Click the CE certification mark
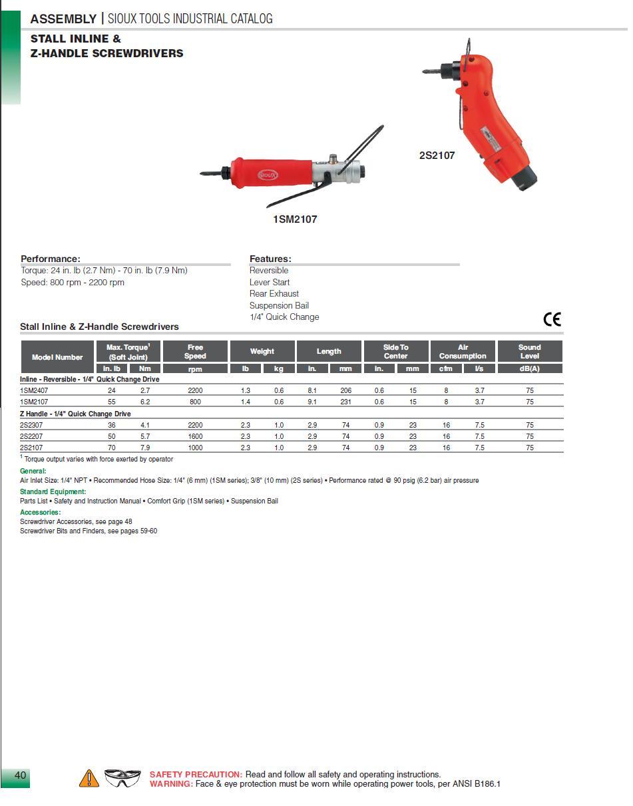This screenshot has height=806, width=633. click(x=552, y=319)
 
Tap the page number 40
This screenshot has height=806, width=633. click(x=20, y=775)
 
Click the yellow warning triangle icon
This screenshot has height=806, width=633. click(x=89, y=778)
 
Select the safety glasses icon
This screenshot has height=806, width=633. click(x=122, y=777)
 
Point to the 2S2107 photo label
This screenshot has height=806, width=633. click(x=437, y=156)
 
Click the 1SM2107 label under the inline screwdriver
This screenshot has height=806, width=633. click(x=295, y=219)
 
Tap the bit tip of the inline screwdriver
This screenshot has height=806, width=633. click(x=203, y=174)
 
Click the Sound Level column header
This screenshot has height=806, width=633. click(x=529, y=351)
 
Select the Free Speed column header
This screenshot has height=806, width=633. click(x=195, y=351)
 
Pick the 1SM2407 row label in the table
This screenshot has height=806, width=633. click(x=34, y=390)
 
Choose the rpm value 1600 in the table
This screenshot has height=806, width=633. click(x=195, y=436)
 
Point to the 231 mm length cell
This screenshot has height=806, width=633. click(x=345, y=402)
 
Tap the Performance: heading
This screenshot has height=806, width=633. click(x=51, y=259)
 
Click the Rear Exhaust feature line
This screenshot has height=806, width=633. click(x=274, y=294)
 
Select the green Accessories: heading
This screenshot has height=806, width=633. click(x=41, y=512)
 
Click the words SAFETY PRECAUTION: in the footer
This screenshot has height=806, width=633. click(x=196, y=775)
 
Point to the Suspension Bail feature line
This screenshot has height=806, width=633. click(x=279, y=306)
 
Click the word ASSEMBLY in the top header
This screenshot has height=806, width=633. click(x=63, y=19)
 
